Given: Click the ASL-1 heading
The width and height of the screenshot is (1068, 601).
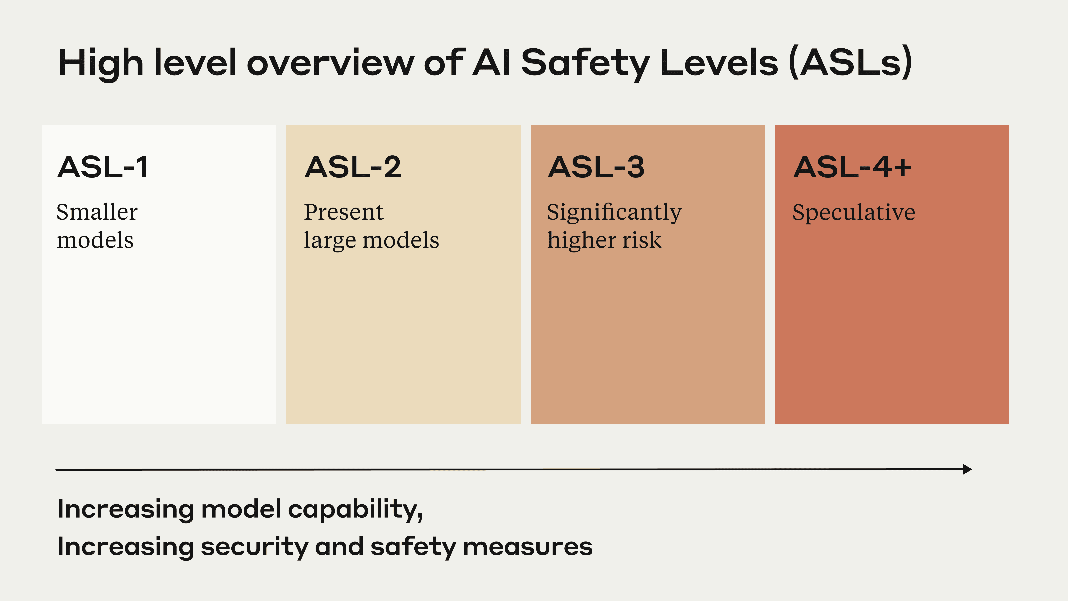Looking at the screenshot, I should click(x=103, y=167).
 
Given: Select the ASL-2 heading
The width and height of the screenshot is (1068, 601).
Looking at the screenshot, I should click(x=353, y=167).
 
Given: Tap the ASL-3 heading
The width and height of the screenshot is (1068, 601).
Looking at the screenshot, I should click(x=596, y=167).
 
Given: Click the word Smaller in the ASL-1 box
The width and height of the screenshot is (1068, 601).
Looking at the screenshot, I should click(x=97, y=212).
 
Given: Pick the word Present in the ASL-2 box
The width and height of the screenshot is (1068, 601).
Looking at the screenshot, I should click(x=344, y=212).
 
